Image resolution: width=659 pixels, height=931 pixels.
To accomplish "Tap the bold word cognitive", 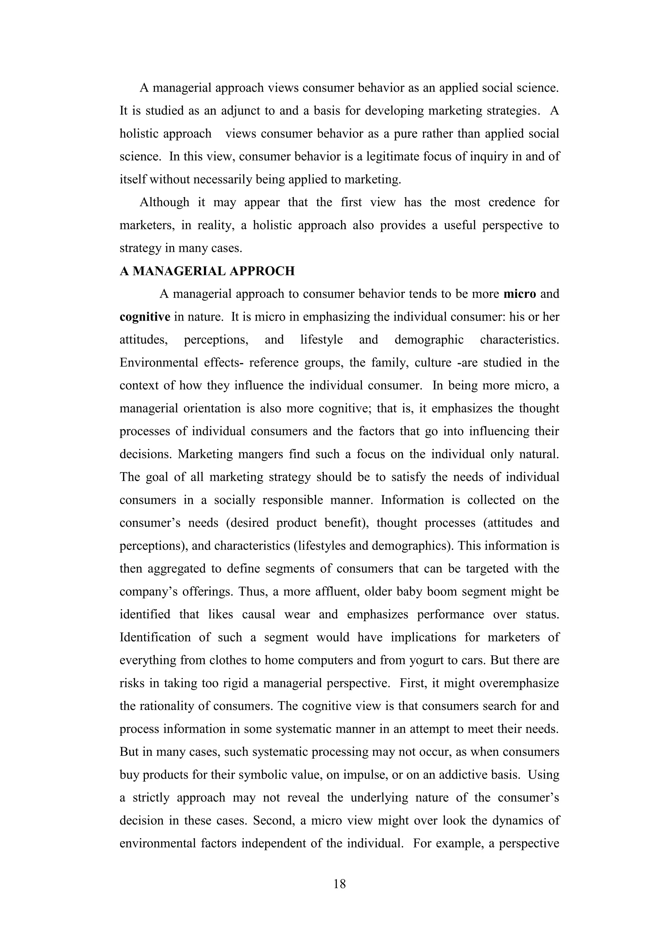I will point(145,317).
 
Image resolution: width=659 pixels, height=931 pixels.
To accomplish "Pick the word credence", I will point(511,202).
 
